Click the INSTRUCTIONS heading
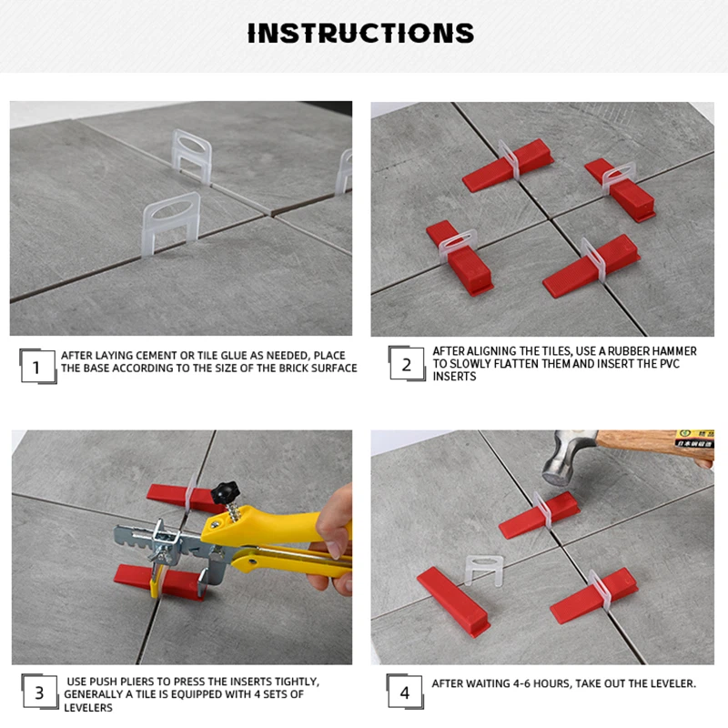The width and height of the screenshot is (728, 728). pos(360,33)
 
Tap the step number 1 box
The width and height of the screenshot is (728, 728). pos(37,367)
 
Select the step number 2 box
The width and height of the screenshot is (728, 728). pos(407,363)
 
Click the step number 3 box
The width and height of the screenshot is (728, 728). pos(39,693)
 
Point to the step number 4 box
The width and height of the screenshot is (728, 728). pos(405,692)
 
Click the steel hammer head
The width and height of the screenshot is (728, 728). pos(567,459)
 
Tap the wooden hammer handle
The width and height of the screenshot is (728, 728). pos(654,445)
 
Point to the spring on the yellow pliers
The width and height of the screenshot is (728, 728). pos(234,511)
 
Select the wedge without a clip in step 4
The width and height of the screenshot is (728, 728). pos(452,602)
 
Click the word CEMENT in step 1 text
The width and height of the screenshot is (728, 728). pos(154,356)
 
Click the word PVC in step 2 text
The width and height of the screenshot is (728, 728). pos(669,363)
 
